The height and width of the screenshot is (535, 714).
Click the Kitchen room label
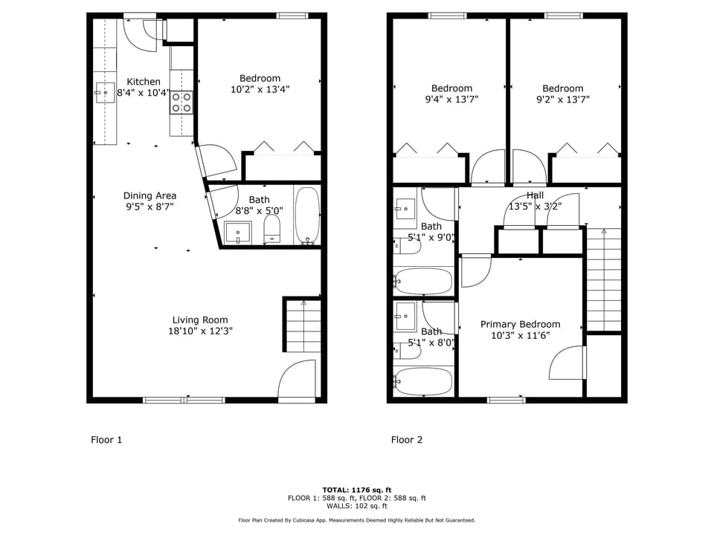click(143, 82)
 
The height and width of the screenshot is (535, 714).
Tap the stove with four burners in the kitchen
click(182, 102)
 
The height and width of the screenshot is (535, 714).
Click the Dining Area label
click(149, 196)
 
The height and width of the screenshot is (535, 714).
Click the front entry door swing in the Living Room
click(299, 380)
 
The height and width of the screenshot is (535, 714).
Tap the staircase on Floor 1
click(303, 325)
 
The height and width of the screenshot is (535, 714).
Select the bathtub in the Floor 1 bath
click(307, 216)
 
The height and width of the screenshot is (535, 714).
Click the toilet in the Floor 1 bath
click(272, 228)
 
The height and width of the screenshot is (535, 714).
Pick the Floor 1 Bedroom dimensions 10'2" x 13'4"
click(260, 89)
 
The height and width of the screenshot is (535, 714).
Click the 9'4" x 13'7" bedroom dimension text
click(451, 99)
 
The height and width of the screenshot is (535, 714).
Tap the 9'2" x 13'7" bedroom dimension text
click(562, 99)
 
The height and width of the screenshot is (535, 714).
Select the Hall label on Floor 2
click(535, 195)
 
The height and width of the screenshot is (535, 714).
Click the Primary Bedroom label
click(520, 324)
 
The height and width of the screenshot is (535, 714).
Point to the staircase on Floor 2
click(603, 279)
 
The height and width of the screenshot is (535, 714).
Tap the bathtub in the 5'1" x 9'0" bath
click(423, 282)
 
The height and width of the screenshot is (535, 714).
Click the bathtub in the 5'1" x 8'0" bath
click(423, 381)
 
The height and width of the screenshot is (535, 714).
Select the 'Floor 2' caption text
click(407, 440)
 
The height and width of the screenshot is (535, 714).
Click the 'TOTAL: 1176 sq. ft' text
click(356, 490)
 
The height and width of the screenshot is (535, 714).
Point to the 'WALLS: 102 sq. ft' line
click(356, 506)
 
